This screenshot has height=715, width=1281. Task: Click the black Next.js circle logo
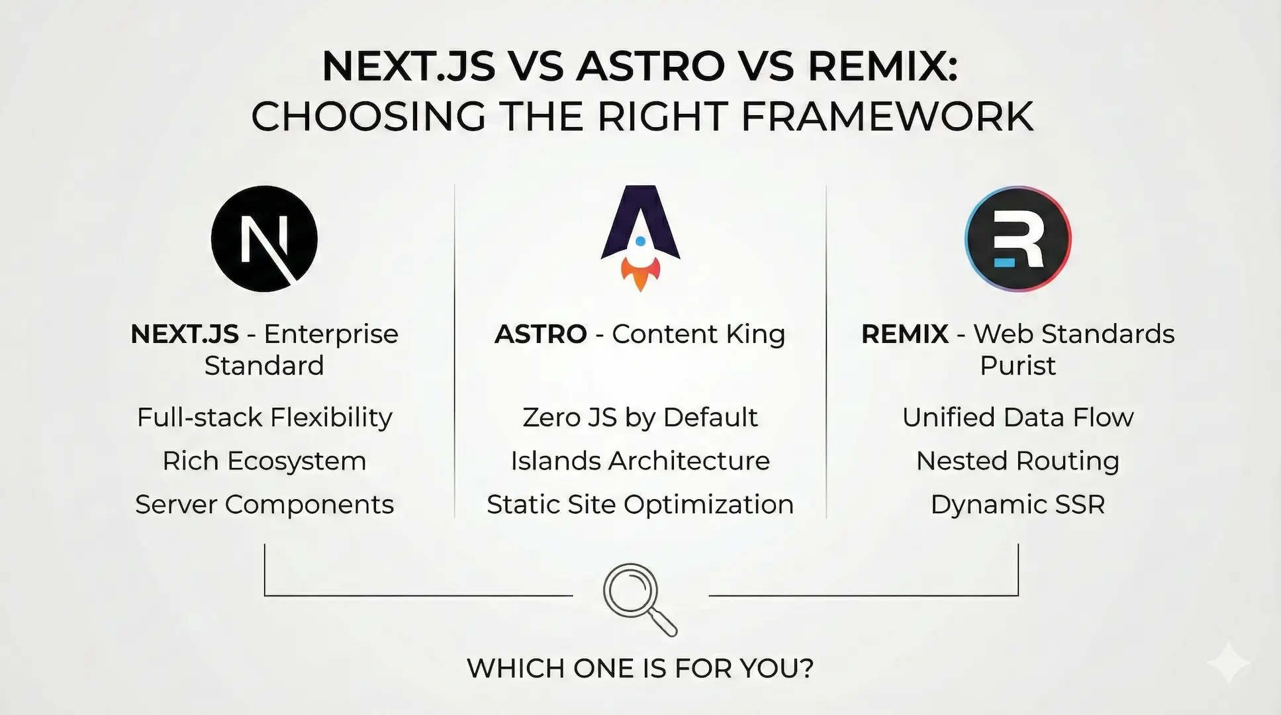(264, 239)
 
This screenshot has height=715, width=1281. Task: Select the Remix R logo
(1018, 239)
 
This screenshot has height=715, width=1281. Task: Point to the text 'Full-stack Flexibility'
(264, 418)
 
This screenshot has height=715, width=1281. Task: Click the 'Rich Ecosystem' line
(264, 461)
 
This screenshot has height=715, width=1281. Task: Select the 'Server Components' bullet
(264, 504)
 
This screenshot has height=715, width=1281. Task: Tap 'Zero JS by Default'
(640, 418)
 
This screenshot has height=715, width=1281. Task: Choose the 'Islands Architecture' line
(640, 461)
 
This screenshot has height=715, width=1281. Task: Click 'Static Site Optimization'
(640, 504)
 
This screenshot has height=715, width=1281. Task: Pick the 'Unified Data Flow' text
(1018, 418)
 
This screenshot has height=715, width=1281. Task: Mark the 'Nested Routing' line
(1018, 461)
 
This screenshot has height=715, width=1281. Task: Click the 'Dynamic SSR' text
(1018, 504)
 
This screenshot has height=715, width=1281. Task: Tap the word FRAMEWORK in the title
(886, 117)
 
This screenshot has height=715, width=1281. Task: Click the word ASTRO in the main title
(650, 66)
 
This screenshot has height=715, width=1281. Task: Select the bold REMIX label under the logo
(904, 334)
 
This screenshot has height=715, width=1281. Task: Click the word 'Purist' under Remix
(1018, 365)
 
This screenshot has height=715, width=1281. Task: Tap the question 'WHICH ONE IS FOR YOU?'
(640, 668)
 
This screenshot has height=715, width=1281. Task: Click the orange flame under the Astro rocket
(640, 274)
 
